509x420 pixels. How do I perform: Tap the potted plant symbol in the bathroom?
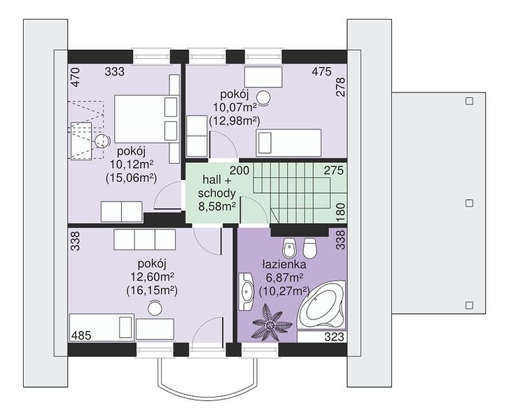point(269,324)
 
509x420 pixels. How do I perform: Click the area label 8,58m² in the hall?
point(217,206)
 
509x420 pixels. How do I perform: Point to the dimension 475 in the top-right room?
point(321,71)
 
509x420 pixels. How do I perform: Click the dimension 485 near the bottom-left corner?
point(81,335)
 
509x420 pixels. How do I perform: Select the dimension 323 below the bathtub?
point(335,337)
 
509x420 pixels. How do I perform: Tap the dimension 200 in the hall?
point(239,170)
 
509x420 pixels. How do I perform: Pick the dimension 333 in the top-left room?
point(115,71)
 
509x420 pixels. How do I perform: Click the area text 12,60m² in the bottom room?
point(152,277)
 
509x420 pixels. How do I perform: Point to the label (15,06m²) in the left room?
point(131,178)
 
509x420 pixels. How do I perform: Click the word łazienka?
point(284,265)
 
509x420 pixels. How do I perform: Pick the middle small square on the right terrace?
point(469,203)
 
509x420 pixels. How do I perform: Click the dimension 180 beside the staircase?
point(340,213)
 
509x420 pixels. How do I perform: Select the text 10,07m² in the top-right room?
point(235,107)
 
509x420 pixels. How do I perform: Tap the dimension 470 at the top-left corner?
point(76,77)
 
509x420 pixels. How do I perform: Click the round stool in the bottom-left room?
point(155,307)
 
